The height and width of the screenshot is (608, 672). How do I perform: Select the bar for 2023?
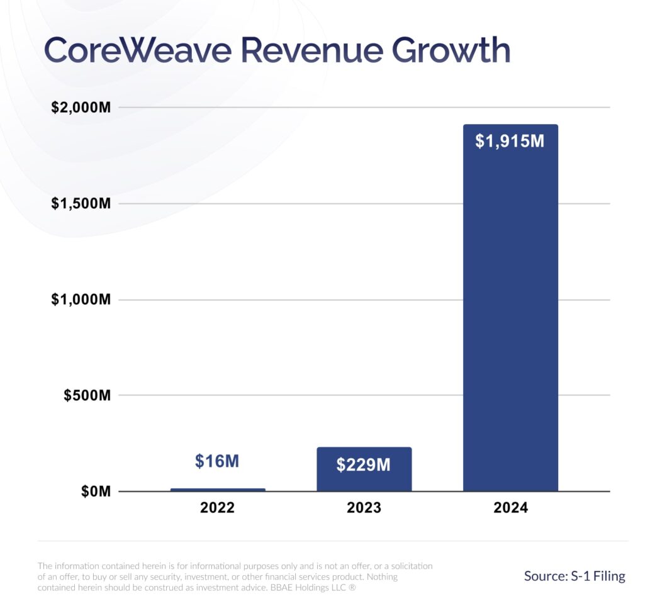click(x=364, y=470)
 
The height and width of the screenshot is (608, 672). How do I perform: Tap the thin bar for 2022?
click(x=218, y=490)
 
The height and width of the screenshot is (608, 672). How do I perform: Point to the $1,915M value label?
click(x=510, y=142)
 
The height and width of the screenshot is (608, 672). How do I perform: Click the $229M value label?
click(x=363, y=466)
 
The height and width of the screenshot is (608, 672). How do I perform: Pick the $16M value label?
click(x=217, y=461)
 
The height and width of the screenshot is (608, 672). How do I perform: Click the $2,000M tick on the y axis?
click(x=81, y=108)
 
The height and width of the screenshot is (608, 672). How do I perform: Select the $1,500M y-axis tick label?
click(x=81, y=204)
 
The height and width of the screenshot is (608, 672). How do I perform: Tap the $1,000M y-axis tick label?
click(x=81, y=300)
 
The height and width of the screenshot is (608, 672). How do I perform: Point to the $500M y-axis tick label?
click(x=87, y=396)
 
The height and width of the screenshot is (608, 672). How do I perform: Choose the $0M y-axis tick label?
click(x=96, y=492)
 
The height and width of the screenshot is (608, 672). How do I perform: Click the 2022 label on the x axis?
click(x=217, y=508)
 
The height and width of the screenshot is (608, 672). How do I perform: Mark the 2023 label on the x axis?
click(x=364, y=508)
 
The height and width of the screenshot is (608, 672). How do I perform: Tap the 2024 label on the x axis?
click(x=510, y=508)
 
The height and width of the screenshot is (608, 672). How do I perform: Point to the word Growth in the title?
click(x=451, y=51)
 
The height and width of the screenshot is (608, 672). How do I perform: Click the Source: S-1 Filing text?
click(x=574, y=576)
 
